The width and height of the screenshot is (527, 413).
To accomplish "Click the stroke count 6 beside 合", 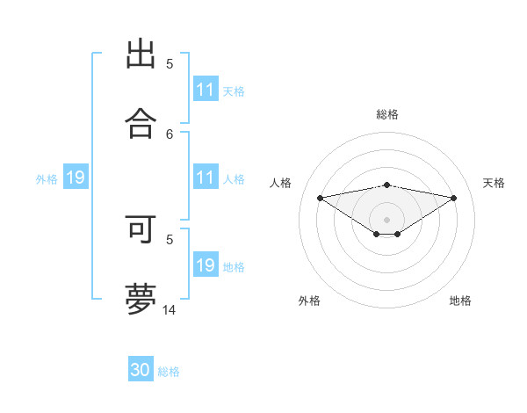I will tap(170, 134).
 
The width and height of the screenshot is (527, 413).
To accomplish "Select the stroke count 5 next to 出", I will tap(170, 64).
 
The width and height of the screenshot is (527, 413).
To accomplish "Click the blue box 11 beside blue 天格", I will tap(206, 90).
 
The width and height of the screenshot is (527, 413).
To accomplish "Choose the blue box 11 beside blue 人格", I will tap(206, 178).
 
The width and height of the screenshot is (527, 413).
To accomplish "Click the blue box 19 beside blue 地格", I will tap(206, 265).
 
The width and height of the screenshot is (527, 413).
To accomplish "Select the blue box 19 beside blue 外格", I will tap(76, 178).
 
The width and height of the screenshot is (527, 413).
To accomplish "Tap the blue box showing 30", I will tap(141, 370).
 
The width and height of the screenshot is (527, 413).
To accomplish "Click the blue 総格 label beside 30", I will tap(170, 372).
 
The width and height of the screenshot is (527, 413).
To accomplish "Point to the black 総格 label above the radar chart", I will tap(386, 114).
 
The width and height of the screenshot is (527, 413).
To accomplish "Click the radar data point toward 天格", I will tap(454, 198).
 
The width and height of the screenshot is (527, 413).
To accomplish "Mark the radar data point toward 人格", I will tap(320, 198).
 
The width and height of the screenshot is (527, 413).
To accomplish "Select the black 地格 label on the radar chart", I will tap(460, 301).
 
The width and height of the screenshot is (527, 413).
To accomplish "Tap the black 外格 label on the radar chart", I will tap(309, 301).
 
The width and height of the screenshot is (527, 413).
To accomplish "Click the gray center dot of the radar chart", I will tap(386, 220).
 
